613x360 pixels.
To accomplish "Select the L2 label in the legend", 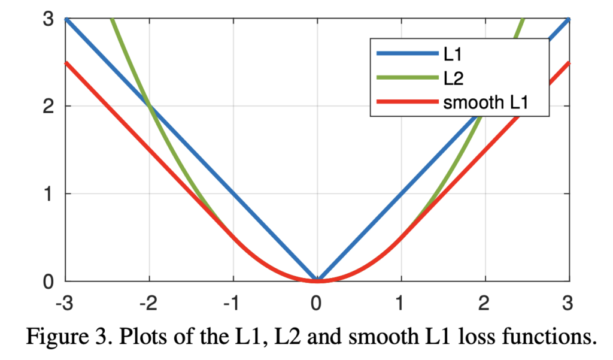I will point(454,78).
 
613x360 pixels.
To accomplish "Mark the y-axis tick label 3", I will point(48,19).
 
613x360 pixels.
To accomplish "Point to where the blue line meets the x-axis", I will point(317,280).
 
